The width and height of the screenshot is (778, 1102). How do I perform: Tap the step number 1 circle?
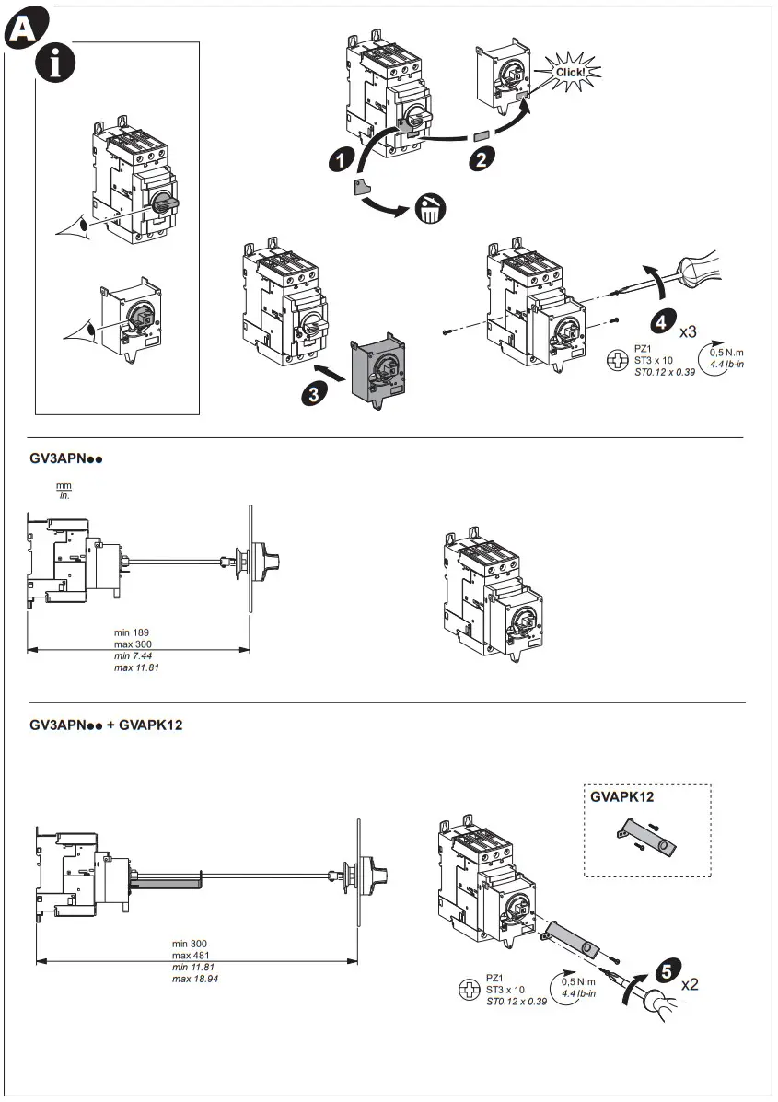(343, 160)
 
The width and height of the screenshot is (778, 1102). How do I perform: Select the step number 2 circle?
(480, 157)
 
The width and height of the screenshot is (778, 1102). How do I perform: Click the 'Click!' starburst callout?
(571, 71)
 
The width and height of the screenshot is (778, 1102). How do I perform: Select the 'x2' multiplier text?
(691, 984)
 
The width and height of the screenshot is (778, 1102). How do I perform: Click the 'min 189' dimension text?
(132, 632)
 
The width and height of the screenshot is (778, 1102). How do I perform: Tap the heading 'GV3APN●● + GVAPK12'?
(106, 725)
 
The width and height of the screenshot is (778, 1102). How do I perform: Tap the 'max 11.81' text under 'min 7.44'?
(136, 667)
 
